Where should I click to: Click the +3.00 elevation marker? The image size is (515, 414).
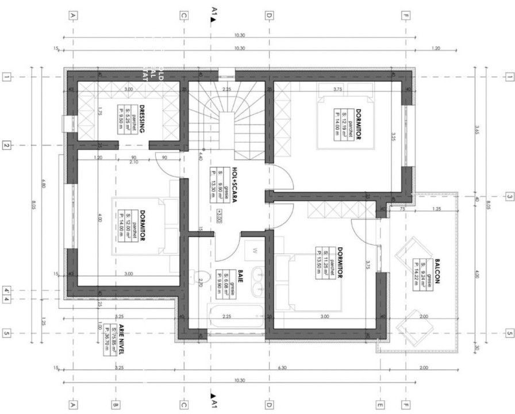click(220, 212)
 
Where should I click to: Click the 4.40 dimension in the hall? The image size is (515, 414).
click(201, 155)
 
